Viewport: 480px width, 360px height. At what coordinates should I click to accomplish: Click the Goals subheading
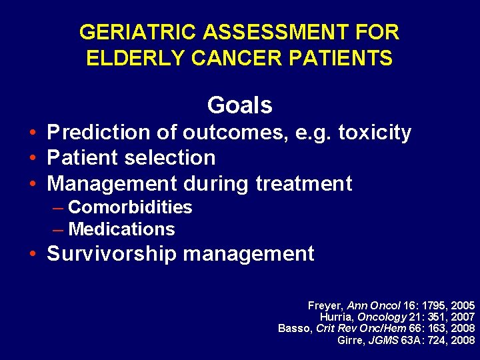coord(239,105)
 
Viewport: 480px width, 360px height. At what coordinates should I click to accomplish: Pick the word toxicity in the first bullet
coord(375,133)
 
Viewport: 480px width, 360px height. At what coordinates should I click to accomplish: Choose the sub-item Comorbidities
coord(130,207)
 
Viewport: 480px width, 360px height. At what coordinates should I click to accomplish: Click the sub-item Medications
coord(121,229)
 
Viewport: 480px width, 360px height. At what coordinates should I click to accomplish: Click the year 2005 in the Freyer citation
coord(462,305)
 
